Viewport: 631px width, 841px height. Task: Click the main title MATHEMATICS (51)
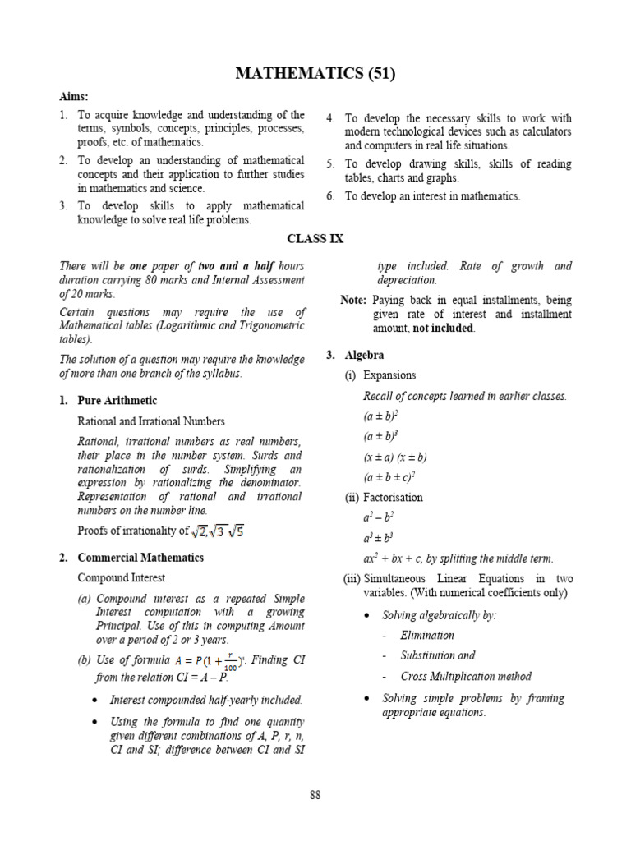tap(315, 74)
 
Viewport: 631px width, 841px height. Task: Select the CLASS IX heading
tap(315, 239)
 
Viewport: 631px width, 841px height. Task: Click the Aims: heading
tap(73, 96)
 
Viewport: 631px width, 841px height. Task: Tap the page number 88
tap(315, 794)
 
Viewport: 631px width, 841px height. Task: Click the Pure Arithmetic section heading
tap(117, 401)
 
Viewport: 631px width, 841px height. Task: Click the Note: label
tap(353, 300)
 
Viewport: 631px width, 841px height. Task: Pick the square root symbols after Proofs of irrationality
tap(217, 531)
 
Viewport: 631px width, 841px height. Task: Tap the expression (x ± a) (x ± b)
tap(395, 457)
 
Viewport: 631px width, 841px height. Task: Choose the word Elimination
tap(426, 635)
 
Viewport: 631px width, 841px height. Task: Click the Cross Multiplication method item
tap(465, 677)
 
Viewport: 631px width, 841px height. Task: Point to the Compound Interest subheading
tap(121, 578)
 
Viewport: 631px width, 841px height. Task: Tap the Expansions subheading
tap(389, 375)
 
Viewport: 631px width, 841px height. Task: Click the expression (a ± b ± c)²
tap(389, 477)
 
